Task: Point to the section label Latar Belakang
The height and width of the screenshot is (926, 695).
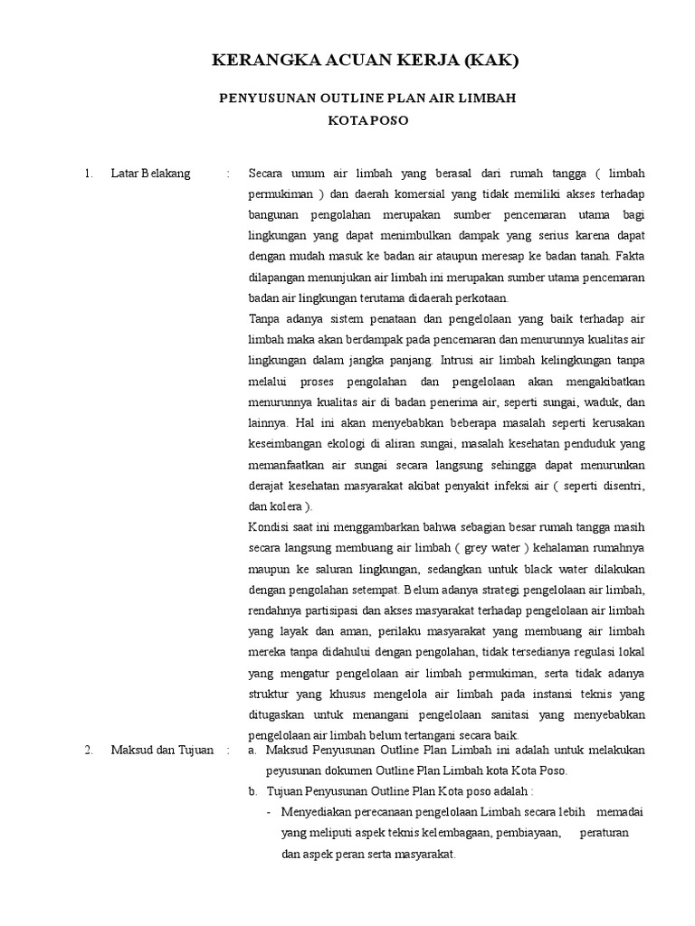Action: click(x=150, y=174)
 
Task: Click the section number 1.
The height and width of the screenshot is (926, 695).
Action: click(x=88, y=174)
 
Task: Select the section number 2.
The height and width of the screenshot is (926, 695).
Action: click(x=88, y=750)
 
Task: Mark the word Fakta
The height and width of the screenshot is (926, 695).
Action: click(x=630, y=256)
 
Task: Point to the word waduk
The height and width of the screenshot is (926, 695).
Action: click(x=601, y=401)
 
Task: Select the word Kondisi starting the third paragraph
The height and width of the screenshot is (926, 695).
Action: click(x=269, y=526)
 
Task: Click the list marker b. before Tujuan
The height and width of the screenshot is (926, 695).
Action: click(x=253, y=790)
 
